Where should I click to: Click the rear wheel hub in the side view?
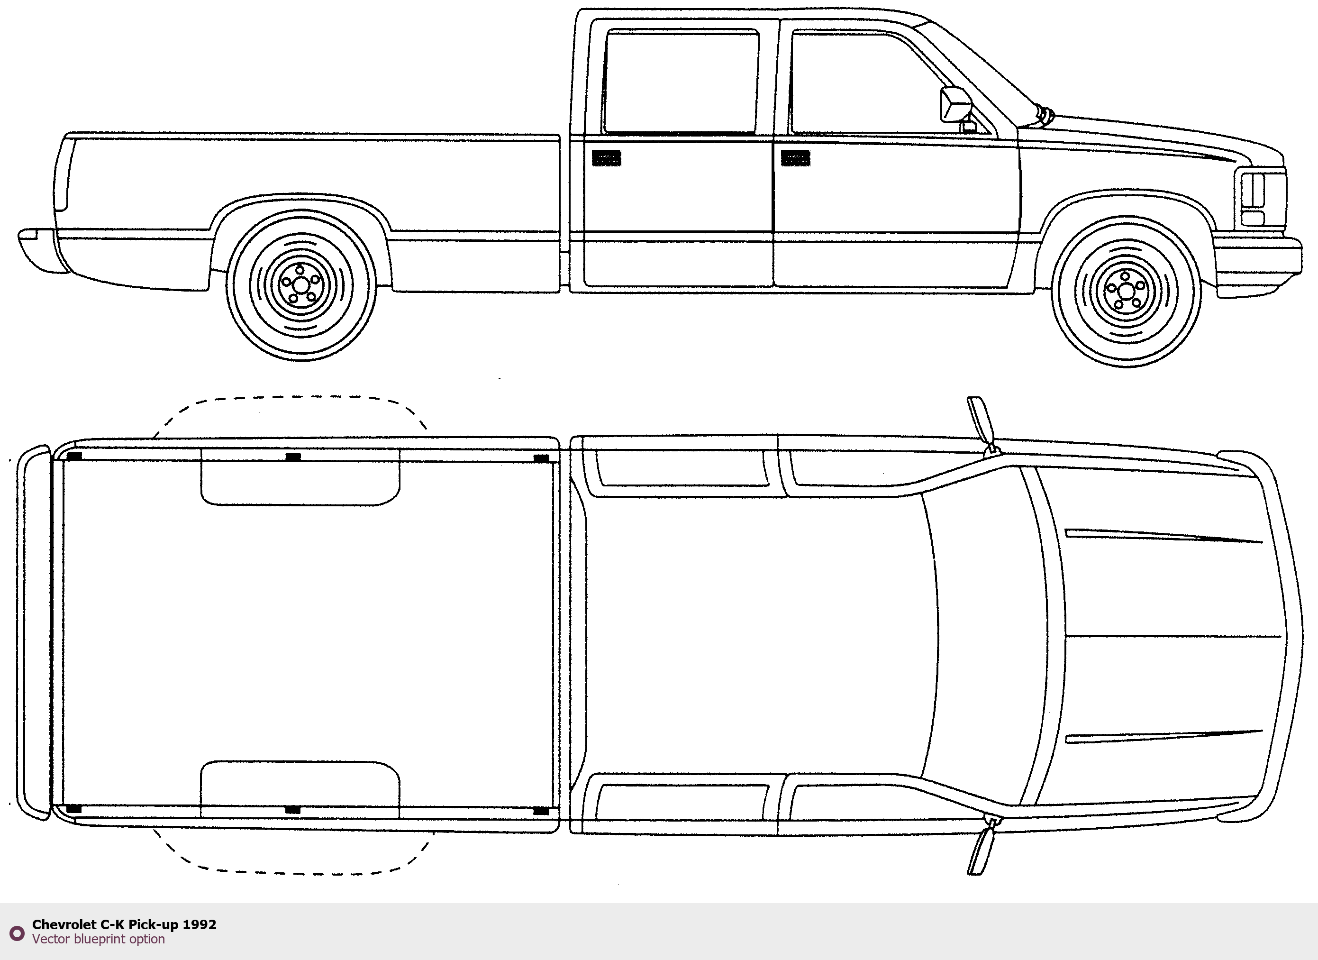coord(301,285)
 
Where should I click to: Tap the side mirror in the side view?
coord(955,105)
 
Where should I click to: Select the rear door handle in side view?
coord(606,157)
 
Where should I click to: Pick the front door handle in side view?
coord(795,157)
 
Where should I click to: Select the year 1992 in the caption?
coord(200,924)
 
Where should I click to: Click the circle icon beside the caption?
coord(17,933)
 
